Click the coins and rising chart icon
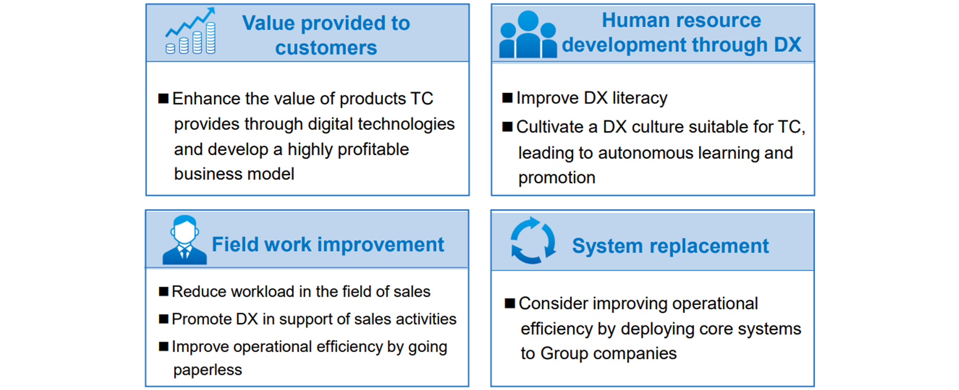point(190,31)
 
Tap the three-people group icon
point(527,34)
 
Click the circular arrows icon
point(533,240)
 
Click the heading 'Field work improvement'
point(328,245)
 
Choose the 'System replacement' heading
point(670,246)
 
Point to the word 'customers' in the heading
point(326,48)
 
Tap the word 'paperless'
point(207,370)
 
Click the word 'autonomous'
point(646,153)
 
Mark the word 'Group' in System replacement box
point(564,354)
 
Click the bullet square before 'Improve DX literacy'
point(507,98)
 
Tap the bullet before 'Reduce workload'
point(164,291)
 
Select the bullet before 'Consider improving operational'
point(510,303)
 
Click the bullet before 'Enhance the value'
point(163,99)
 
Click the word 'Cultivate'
point(550,127)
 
